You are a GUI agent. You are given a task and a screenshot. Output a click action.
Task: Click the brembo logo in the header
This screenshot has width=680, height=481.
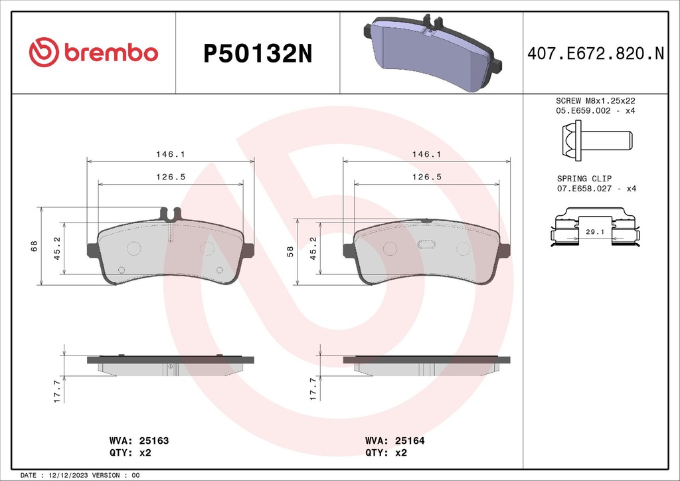[x=93, y=53]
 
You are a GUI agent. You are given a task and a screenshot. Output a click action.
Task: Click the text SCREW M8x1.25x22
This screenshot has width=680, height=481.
[x=596, y=100]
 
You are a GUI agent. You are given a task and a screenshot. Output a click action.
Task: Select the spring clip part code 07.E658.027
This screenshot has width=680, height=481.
[x=585, y=189]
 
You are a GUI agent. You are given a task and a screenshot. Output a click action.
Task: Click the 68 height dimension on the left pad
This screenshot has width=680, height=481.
[x=33, y=246]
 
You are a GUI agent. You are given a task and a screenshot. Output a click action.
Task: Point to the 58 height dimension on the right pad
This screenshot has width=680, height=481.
[x=290, y=251]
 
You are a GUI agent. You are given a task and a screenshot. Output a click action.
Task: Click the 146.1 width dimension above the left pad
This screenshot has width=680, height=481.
[x=171, y=153]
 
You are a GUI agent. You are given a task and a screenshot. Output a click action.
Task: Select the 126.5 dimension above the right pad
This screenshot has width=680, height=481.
[x=427, y=177]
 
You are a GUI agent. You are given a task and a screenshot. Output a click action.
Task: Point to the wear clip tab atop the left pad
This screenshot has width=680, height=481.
[x=171, y=214]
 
